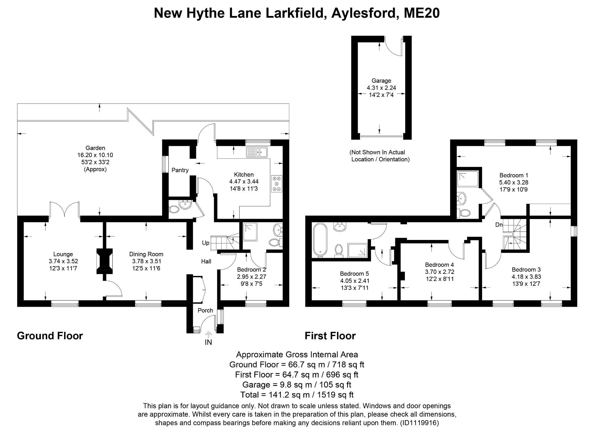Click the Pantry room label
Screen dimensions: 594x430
click(180, 170)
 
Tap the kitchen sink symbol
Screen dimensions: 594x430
click(257, 152)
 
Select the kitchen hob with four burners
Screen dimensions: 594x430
click(277, 184)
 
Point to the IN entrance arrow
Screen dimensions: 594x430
click(208, 334)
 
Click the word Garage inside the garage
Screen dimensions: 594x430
click(381, 81)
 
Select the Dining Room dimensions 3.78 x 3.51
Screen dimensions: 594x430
click(146, 261)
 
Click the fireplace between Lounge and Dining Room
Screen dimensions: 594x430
click(104, 261)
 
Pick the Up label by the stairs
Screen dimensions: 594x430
click(206, 243)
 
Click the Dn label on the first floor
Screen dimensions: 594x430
click(499, 225)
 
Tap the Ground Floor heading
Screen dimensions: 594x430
click(50, 336)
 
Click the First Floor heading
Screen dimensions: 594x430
click(330, 336)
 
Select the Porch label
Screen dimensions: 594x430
click(205, 310)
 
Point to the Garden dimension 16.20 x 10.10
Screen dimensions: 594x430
click(95, 155)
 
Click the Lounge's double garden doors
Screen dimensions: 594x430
click(65, 209)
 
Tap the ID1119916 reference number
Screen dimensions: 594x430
click(419, 422)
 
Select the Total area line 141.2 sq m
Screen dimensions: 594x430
click(297, 395)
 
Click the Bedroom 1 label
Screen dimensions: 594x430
click(514, 175)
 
